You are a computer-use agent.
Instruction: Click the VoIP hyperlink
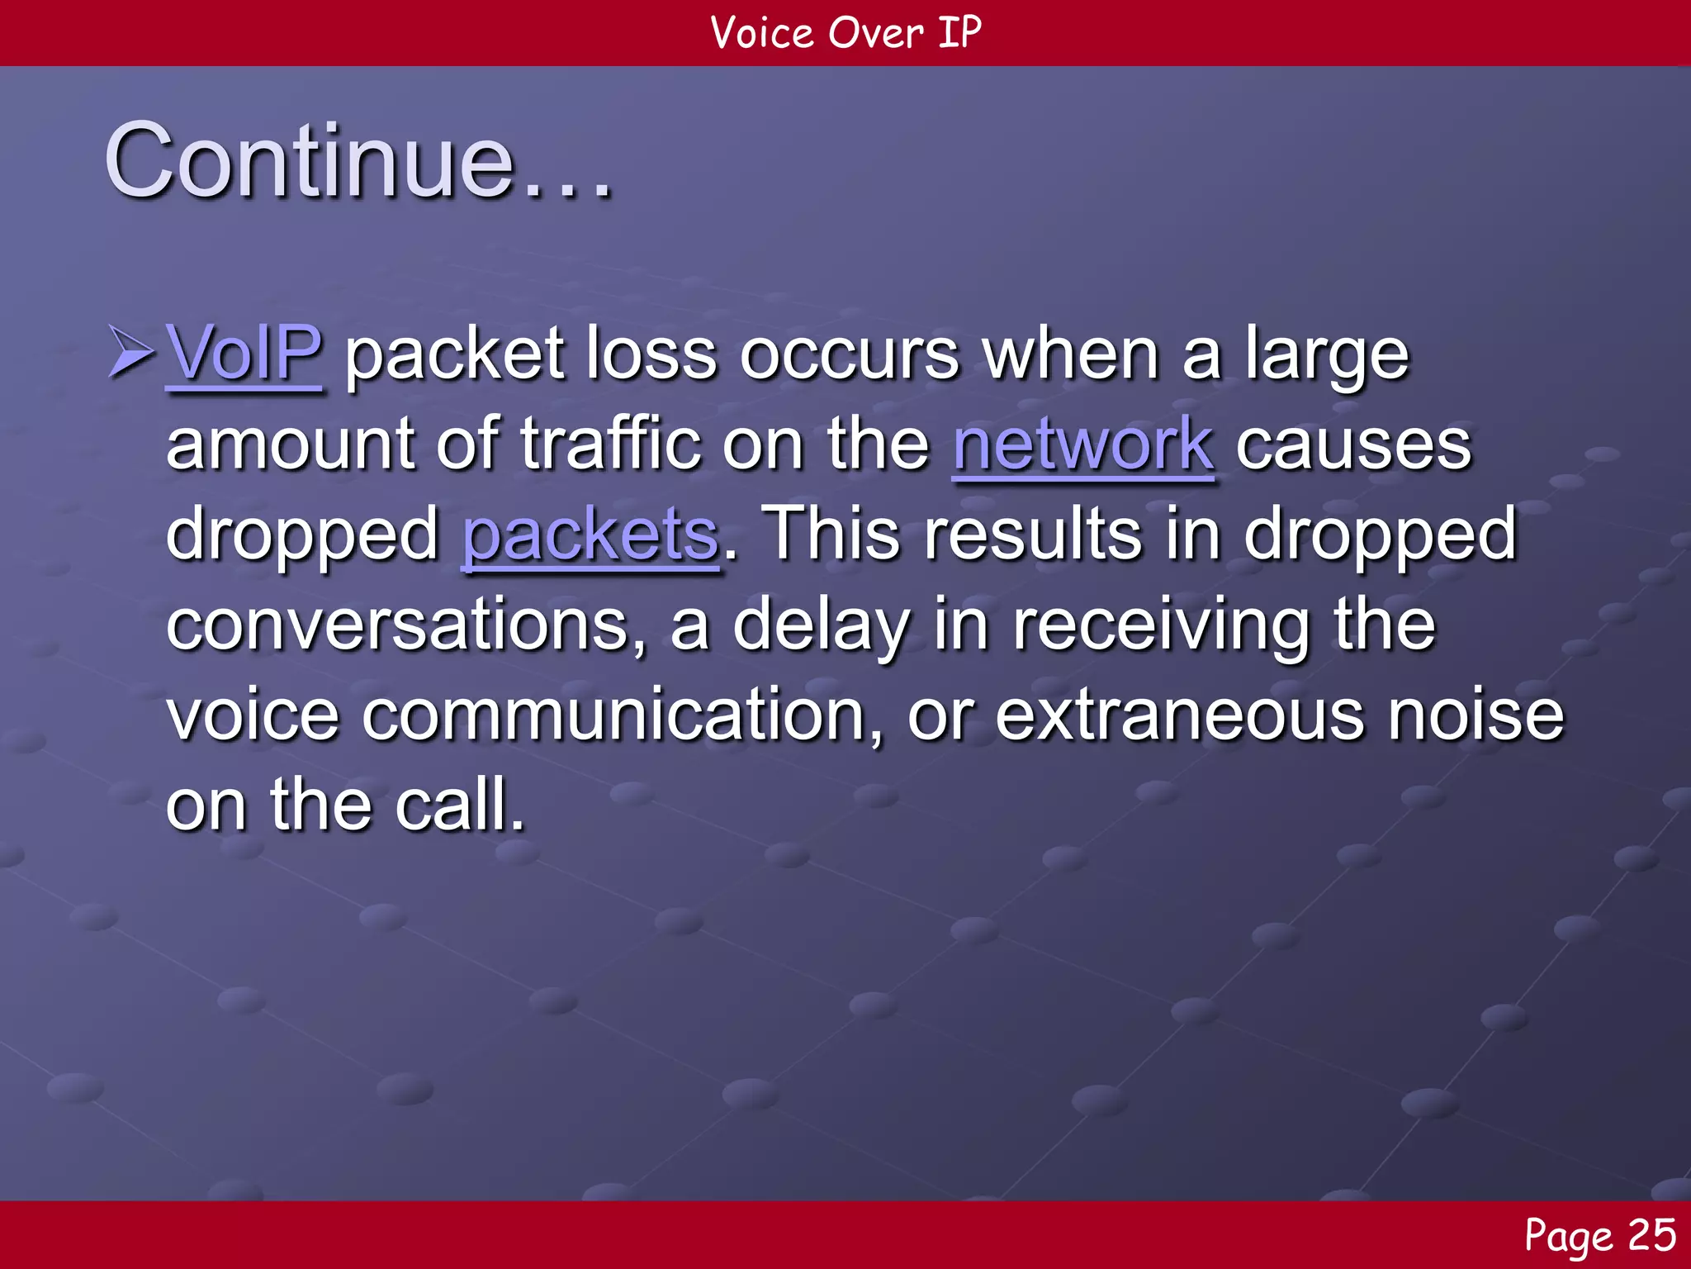pos(244,354)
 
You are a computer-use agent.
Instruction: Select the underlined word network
pos(1082,444)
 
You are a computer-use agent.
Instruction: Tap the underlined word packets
pos(590,535)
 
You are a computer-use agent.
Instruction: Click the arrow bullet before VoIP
pos(130,353)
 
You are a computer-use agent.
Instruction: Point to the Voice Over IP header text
pos(845,33)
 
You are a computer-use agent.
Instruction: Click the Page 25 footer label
pos(1599,1236)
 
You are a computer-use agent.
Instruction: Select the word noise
pos(1475,715)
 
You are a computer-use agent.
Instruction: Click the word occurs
pos(850,354)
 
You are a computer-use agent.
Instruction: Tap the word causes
pos(1353,444)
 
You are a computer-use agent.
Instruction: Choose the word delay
pos(822,625)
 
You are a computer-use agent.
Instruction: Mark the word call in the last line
pos(459,806)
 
